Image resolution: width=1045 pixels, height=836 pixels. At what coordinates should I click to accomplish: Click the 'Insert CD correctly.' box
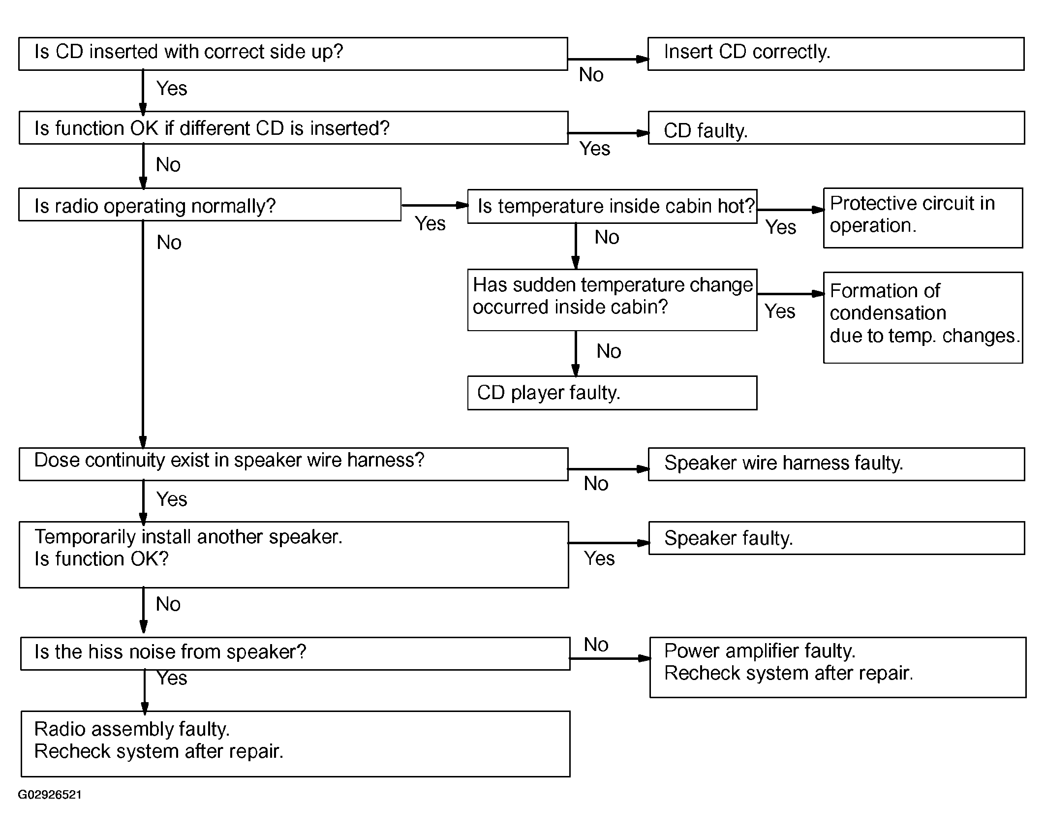coord(836,54)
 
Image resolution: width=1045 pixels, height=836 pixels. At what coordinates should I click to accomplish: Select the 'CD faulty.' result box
coord(836,127)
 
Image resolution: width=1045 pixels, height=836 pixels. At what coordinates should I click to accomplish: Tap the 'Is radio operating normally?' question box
coord(210,204)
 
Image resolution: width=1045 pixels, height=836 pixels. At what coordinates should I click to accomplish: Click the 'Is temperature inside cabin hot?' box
coord(612,207)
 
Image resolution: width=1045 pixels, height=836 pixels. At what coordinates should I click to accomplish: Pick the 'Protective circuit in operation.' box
coord(923,217)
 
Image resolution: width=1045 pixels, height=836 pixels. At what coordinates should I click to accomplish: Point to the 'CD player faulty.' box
coord(612,393)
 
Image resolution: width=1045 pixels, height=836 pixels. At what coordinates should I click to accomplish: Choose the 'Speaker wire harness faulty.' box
coord(836,464)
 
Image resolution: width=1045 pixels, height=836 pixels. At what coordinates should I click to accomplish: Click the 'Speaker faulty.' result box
coord(836,538)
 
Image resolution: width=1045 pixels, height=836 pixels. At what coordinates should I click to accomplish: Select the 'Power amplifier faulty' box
coord(838,667)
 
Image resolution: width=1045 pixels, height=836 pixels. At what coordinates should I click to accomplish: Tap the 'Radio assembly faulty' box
coord(296,743)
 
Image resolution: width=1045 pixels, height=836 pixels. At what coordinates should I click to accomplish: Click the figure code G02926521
coord(50,795)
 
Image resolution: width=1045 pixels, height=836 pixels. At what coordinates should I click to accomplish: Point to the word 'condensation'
coord(888,313)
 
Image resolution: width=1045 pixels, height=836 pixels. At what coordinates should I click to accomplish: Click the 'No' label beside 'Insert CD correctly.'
coord(591,75)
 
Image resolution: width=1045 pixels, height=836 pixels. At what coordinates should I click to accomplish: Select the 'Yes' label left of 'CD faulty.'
coord(595,149)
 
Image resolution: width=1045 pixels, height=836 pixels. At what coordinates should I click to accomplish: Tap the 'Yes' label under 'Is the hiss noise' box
coord(172,678)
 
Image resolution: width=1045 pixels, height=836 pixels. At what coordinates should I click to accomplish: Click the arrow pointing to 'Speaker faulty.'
coord(609,543)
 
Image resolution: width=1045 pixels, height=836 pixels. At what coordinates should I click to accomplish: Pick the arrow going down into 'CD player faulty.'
coord(576,353)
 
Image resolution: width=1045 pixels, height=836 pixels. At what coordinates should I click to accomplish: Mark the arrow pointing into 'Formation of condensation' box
coord(791,294)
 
